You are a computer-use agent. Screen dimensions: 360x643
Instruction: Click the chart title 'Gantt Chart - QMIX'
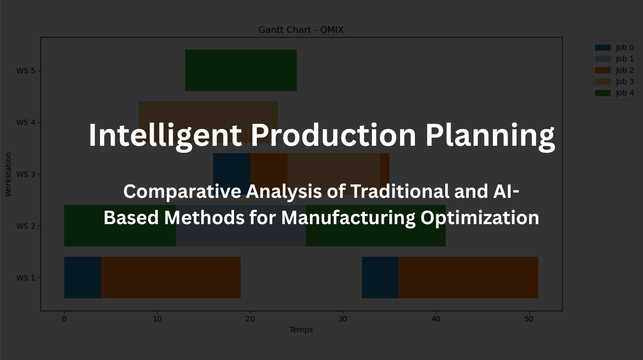click(301, 30)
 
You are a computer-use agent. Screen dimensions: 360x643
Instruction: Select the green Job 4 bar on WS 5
click(240, 70)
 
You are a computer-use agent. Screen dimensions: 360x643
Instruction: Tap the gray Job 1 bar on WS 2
click(240, 233)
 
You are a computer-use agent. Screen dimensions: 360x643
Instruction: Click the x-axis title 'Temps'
click(301, 330)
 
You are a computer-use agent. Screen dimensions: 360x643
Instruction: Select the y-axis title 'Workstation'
click(8, 174)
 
